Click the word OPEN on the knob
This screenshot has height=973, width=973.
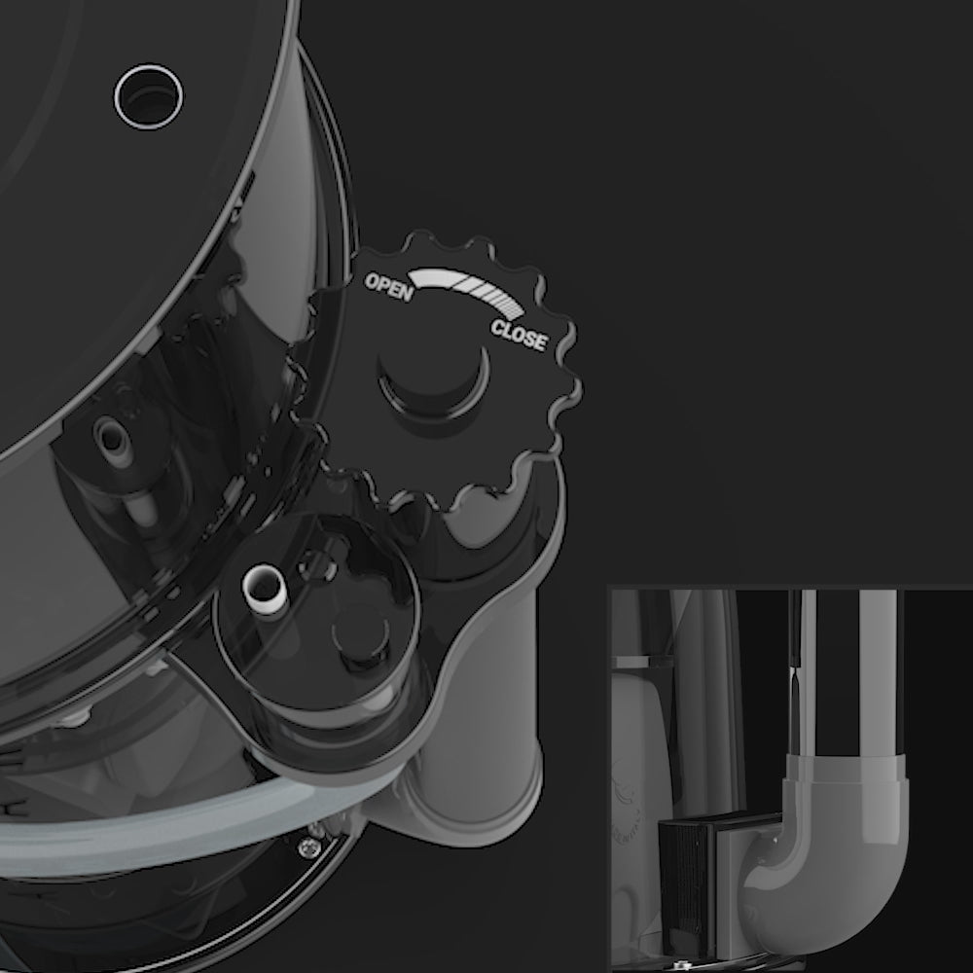[389, 287]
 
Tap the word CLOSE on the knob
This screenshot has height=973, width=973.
[520, 336]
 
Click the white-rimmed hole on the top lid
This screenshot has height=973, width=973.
[148, 96]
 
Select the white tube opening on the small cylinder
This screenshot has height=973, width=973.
[265, 589]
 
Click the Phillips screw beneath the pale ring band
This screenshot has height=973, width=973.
[308, 847]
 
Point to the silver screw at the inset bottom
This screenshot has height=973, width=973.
[683, 965]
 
